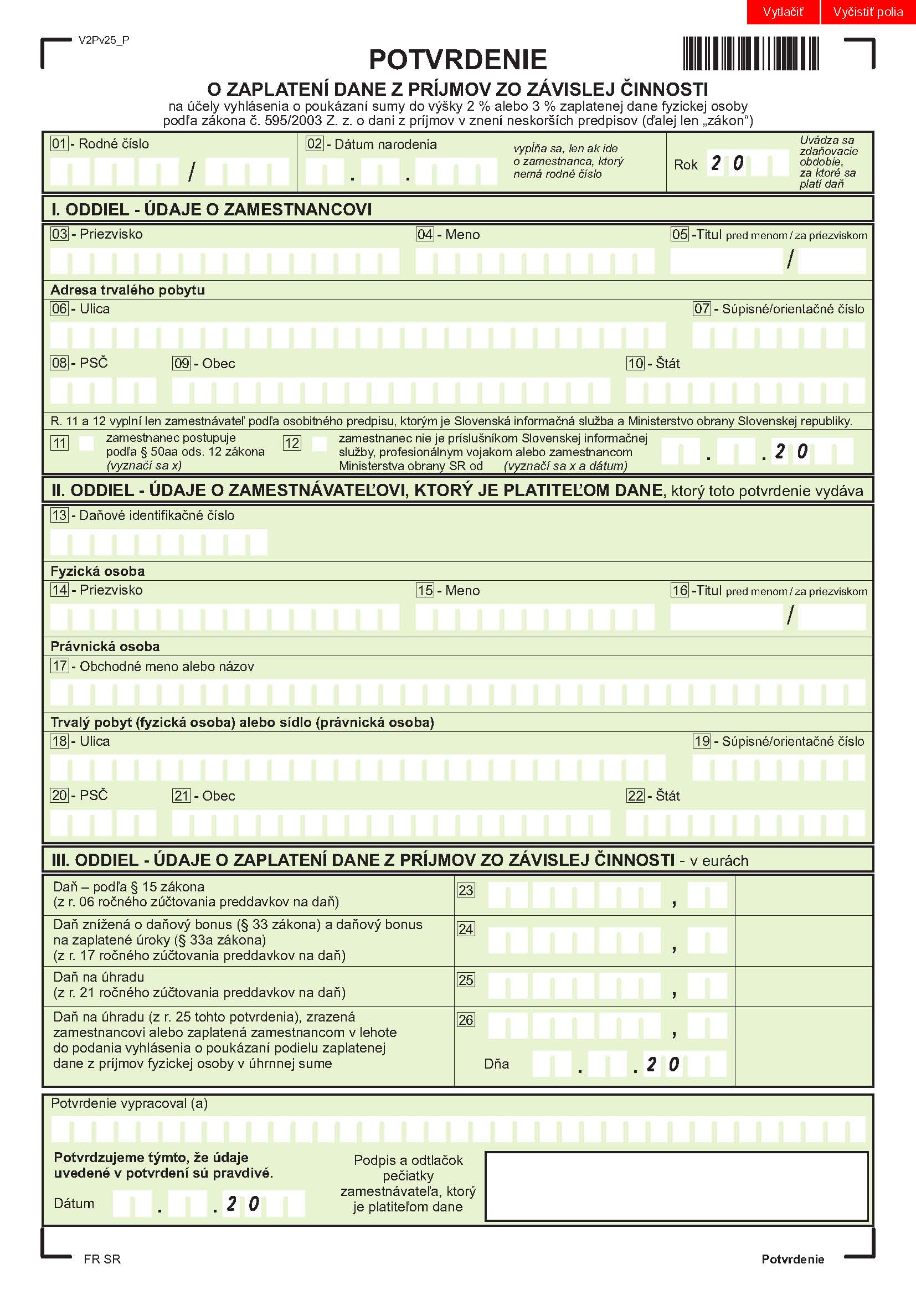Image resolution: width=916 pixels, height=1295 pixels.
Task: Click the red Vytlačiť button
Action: pos(783,12)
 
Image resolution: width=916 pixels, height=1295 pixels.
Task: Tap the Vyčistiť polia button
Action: pos(867,12)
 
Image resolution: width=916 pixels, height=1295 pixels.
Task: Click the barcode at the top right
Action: pos(750,54)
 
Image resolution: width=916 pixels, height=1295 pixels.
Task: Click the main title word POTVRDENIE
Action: pos(457,60)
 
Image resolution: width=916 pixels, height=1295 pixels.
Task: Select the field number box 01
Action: pos(59,144)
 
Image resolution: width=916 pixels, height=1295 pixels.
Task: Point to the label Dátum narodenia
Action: pos(385,145)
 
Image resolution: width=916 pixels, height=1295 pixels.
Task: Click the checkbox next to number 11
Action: pos(86,443)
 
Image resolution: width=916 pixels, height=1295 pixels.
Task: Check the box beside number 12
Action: pos(319,443)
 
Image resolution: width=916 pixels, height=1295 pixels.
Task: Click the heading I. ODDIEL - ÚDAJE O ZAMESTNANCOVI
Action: pos(212,210)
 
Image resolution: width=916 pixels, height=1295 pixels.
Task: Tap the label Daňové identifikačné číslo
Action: pos(156,515)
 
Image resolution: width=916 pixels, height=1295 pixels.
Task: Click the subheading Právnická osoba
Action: pos(105,646)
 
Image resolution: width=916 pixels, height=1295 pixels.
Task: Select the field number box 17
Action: pos(59,666)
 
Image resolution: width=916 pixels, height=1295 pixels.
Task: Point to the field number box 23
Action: pos(466,891)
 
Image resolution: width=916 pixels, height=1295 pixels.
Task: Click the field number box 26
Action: pos(466,1020)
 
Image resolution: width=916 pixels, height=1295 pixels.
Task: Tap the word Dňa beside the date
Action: pos(496,1064)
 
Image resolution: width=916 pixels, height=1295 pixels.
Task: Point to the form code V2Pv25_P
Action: pos(104,40)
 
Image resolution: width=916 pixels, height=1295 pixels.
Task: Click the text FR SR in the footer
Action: pos(102,1260)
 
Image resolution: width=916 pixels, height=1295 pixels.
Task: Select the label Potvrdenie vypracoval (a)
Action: pos(129,1104)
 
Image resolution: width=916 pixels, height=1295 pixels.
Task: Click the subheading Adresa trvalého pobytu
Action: pos(127,290)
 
